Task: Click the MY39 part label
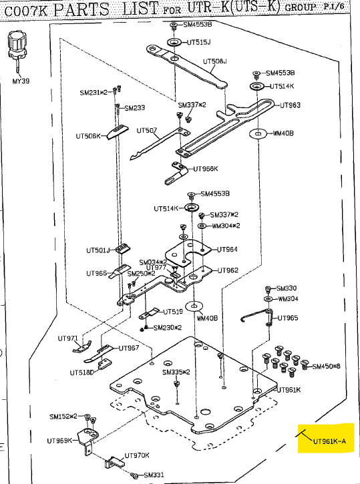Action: click(x=21, y=81)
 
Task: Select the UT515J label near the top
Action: click(x=198, y=42)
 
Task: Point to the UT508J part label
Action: click(x=214, y=61)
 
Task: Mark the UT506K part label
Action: click(x=88, y=136)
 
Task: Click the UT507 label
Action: click(x=146, y=130)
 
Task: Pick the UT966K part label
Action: click(x=206, y=168)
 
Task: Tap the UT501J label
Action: click(x=98, y=250)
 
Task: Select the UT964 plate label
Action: click(x=227, y=249)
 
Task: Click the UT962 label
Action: click(x=227, y=270)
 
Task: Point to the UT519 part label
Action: click(x=173, y=312)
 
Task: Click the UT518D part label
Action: click(x=82, y=372)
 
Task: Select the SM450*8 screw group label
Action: click(x=326, y=367)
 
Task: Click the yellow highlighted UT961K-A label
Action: click(x=329, y=441)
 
